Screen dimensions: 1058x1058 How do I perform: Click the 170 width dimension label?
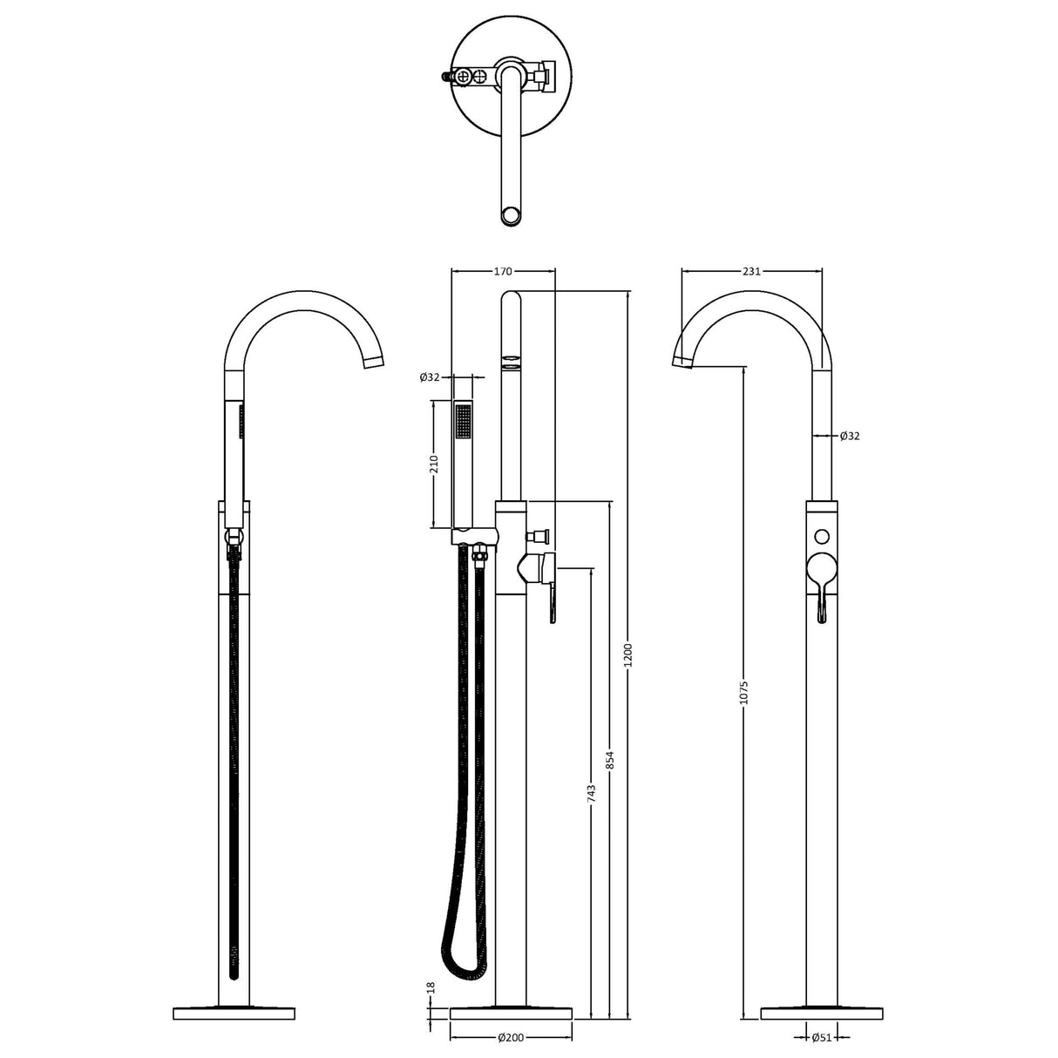coord(503,271)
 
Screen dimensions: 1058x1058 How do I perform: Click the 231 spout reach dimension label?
coord(751,271)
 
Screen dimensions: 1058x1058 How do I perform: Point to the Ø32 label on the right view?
coord(850,436)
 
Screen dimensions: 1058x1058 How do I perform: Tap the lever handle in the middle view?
coord(552,601)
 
